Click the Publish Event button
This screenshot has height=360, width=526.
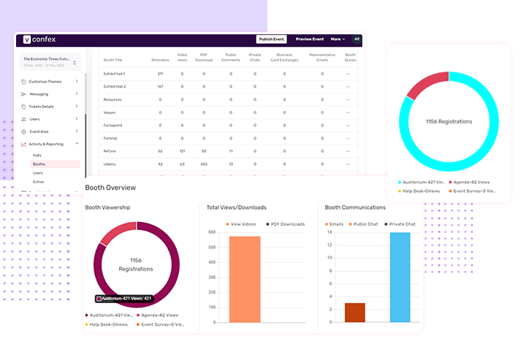click(x=271, y=39)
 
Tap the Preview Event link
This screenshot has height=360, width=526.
click(x=310, y=39)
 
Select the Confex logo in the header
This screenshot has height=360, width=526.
click(x=39, y=39)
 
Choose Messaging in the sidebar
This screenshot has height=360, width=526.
click(x=39, y=94)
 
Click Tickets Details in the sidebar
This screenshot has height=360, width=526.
click(x=43, y=107)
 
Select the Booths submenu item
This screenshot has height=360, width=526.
click(x=39, y=164)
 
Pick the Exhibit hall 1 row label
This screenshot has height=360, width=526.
click(x=115, y=74)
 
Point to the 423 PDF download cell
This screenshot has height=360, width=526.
click(x=203, y=164)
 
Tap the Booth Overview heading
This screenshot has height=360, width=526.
click(x=110, y=188)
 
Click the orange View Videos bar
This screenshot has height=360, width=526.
click(x=239, y=279)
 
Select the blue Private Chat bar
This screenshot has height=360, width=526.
click(x=400, y=277)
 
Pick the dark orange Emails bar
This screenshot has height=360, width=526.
click(x=354, y=312)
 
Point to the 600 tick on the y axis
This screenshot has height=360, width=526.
click(x=212, y=232)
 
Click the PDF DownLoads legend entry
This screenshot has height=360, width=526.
click(x=286, y=224)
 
